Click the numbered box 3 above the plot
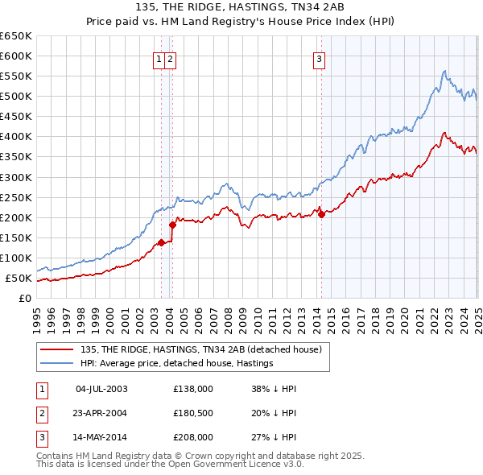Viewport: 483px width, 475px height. coord(320,58)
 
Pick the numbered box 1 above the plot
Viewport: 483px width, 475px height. coord(159,58)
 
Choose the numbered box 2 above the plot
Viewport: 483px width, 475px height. coord(171,58)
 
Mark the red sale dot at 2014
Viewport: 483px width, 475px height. coord(321,214)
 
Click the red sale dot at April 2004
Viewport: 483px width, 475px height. coord(172,225)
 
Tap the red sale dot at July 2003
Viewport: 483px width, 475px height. coord(161,242)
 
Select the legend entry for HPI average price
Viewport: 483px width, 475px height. coord(177,363)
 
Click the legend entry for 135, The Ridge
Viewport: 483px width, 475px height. coord(201,349)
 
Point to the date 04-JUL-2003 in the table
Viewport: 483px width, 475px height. coord(101,389)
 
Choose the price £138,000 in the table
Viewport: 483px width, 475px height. coord(193,389)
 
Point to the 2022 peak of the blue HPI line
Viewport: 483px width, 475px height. coord(444,71)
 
